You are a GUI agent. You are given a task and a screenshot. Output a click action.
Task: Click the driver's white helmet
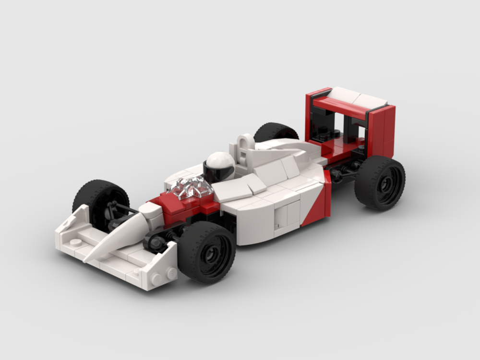pos(222,161)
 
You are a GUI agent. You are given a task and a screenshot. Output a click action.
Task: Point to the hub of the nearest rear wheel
pos(382,183)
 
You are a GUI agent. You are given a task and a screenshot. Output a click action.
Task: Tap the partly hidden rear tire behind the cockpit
pos(276,132)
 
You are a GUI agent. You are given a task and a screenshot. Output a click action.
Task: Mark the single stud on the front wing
pos(76,241)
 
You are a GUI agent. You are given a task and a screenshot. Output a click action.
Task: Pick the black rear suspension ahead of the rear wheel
pos(343,170)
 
